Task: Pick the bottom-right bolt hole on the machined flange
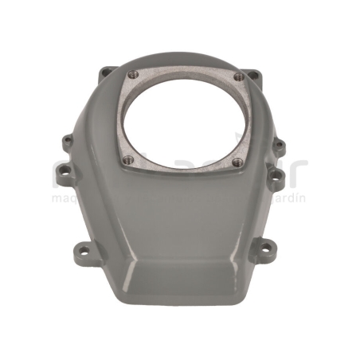[237, 162]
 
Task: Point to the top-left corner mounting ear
[105, 74]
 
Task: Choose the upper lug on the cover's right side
[279, 147]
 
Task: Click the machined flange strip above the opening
[183, 74]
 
